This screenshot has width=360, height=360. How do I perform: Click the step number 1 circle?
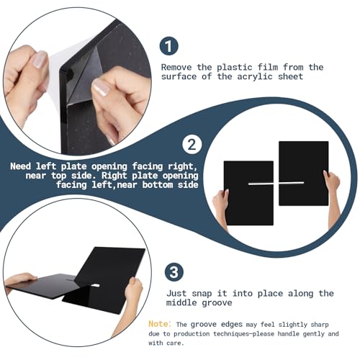click(168, 46)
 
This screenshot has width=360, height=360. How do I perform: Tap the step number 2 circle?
click(192, 145)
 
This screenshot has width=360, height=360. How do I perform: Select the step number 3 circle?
click(174, 272)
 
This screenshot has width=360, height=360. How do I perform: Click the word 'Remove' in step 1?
click(176, 67)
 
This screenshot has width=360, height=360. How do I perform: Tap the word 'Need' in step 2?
click(21, 166)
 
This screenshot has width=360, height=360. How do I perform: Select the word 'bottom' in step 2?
click(158, 185)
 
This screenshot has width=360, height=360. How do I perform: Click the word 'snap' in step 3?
click(202, 294)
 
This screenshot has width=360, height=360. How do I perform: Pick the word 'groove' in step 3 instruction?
click(217, 303)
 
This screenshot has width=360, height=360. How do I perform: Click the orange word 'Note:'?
click(160, 324)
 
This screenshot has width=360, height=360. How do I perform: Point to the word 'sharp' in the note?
click(320, 325)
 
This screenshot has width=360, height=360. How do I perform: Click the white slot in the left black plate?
click(261, 184)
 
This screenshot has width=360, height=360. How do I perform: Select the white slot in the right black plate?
click(292, 183)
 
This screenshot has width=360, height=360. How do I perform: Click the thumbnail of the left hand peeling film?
click(40, 60)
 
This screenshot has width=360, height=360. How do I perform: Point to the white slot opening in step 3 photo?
click(95, 286)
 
